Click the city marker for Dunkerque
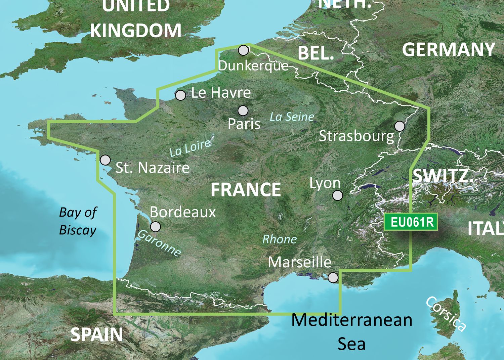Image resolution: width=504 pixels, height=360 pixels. click(243, 50)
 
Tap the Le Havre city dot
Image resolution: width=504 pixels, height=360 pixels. click(180, 95)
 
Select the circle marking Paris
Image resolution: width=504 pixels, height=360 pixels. click(243, 110)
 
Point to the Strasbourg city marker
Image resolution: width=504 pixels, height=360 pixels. click(400, 126)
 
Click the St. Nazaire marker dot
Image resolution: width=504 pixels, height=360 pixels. click(106, 160)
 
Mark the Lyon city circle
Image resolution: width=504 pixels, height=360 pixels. click(337, 195)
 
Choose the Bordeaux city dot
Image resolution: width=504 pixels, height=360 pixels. click(155, 227)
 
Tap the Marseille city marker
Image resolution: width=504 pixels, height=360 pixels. click(333, 277)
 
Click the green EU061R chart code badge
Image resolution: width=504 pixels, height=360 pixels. click(411, 222)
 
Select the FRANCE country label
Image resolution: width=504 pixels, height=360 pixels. click(246, 190)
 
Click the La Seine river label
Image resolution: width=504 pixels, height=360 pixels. click(292, 117)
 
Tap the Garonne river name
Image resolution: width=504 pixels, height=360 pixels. click(159, 243)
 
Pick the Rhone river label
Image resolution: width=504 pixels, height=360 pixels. click(280, 239)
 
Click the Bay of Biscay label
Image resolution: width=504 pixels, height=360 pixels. click(78, 221)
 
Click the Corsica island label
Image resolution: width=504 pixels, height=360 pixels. click(446, 314)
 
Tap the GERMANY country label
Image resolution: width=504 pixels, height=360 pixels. click(448, 50)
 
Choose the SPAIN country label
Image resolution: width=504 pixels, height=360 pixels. click(97, 334)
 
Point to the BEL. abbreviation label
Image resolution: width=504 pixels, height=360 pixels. click(316, 53)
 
